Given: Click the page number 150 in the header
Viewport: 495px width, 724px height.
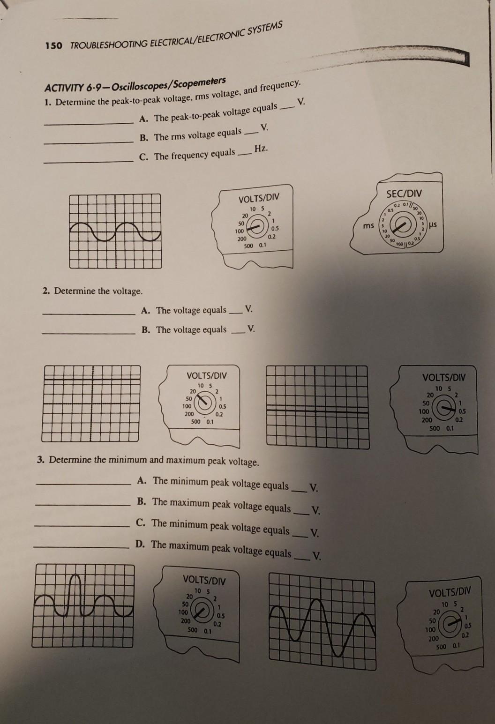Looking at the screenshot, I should pyautogui.click(x=53, y=46).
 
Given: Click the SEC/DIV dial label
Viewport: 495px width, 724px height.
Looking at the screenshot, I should pyautogui.click(x=404, y=194).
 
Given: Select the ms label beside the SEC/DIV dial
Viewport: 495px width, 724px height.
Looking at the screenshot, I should pyautogui.click(x=368, y=226).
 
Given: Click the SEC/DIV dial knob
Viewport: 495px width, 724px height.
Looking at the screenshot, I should pyautogui.click(x=400, y=227).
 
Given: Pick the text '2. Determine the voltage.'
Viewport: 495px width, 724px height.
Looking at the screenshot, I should pyautogui.click(x=92, y=291).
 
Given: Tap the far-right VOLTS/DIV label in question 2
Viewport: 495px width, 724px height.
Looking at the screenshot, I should pyautogui.click(x=443, y=377).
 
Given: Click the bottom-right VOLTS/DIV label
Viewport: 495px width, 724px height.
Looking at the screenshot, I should pyautogui.click(x=449, y=592).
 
